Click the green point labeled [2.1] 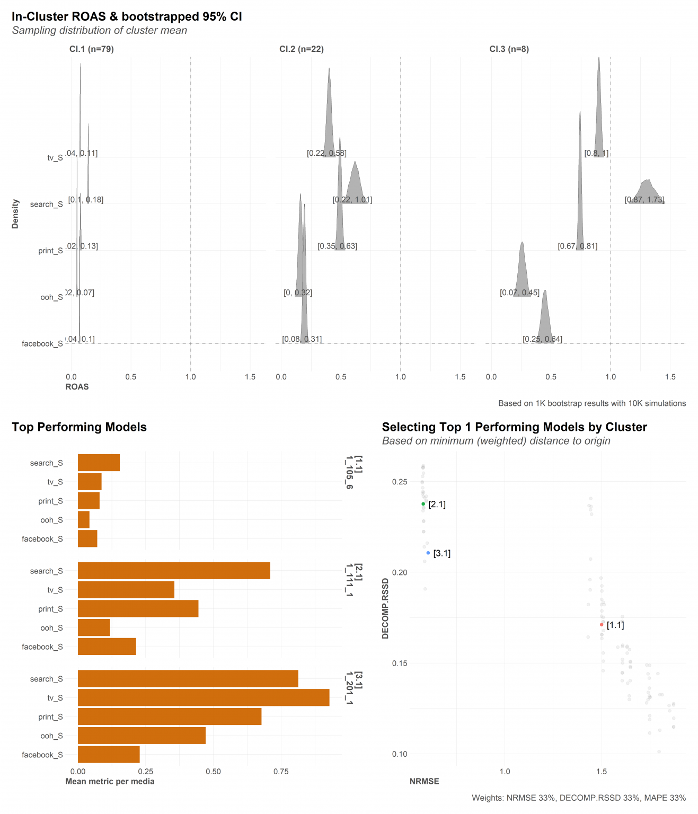[423, 504]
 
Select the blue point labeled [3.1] [428, 553]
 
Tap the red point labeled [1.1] [602, 625]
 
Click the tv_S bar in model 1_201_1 [204, 697]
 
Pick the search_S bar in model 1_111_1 [174, 571]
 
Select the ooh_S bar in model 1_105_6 [84, 520]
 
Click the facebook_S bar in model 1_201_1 [109, 755]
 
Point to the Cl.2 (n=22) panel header [302, 49]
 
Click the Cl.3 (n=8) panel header [509, 49]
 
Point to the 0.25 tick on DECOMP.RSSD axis [400, 482]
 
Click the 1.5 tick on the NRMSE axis [602, 772]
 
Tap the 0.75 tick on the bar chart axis [281, 772]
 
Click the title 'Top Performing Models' [79, 427]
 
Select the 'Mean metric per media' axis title [110, 781]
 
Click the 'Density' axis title [15, 214]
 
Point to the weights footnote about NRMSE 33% [579, 798]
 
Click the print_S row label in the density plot [50, 251]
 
